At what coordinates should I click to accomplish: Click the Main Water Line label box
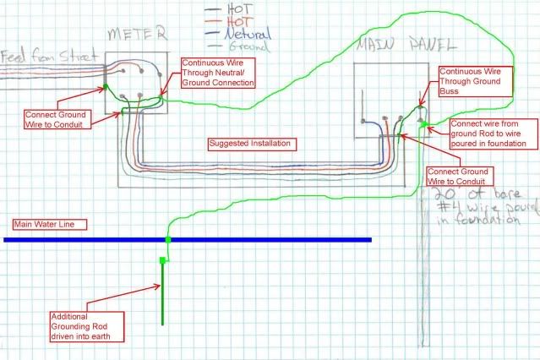click(40, 225)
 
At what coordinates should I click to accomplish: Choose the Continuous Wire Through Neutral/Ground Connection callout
click(218, 73)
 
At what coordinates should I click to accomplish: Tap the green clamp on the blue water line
click(167, 241)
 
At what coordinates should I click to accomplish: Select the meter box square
click(135, 82)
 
